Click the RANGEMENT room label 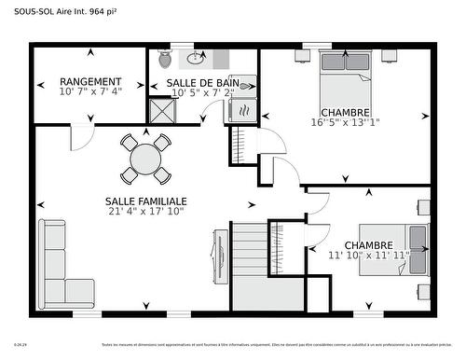pyautogui.click(x=90, y=82)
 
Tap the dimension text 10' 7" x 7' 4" pyautogui.click(x=90, y=92)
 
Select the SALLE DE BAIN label pyautogui.click(x=202, y=83)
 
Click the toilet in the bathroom pyautogui.click(x=165, y=59)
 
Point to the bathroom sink pyautogui.click(x=197, y=59)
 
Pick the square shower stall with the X pyautogui.click(x=162, y=111)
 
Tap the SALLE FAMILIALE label pyautogui.click(x=146, y=201)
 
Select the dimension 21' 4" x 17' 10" pyautogui.click(x=146, y=211)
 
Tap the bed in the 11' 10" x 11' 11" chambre pyautogui.click(x=411, y=249)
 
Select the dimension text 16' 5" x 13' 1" pyautogui.click(x=346, y=122)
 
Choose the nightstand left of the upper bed pyautogui.click(x=304, y=55)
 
